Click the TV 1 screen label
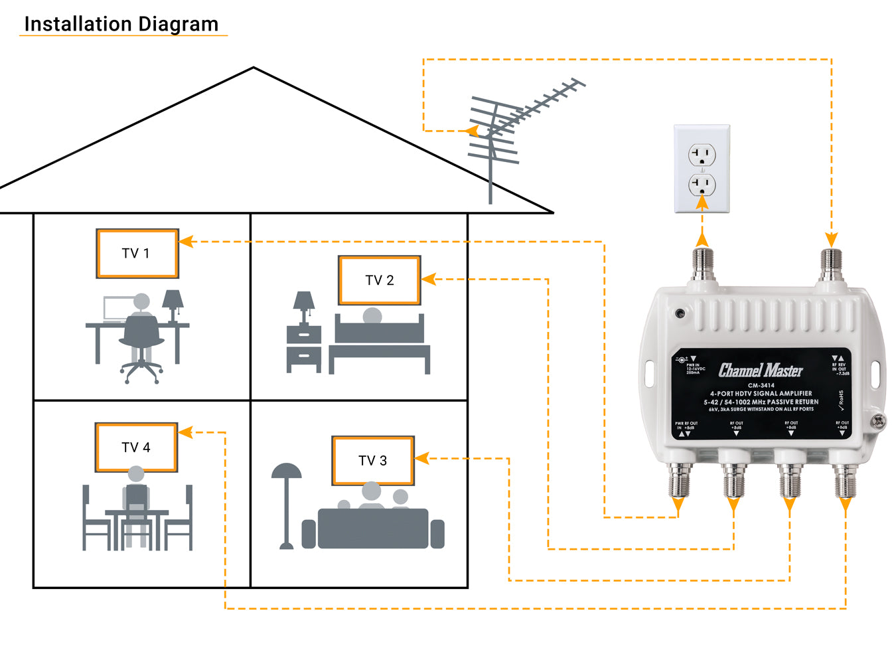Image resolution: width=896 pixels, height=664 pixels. click(136, 254)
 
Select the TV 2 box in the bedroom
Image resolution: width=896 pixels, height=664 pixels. click(380, 280)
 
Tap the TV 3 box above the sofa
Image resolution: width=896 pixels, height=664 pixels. click(373, 461)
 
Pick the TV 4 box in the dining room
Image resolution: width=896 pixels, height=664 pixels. click(136, 448)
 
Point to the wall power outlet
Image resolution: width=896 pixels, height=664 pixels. click(702, 169)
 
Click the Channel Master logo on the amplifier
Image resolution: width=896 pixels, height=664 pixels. click(761, 371)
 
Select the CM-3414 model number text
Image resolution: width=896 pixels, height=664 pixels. click(761, 385)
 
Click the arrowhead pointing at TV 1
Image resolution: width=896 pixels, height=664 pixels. click(187, 242)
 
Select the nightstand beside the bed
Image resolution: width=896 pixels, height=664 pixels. click(304, 348)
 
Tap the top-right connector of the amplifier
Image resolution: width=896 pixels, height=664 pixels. click(832, 266)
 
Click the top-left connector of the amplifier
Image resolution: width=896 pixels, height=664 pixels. click(702, 266)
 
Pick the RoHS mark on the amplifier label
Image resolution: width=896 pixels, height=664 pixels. click(842, 400)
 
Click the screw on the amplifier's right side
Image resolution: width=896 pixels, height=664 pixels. click(877, 420)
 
